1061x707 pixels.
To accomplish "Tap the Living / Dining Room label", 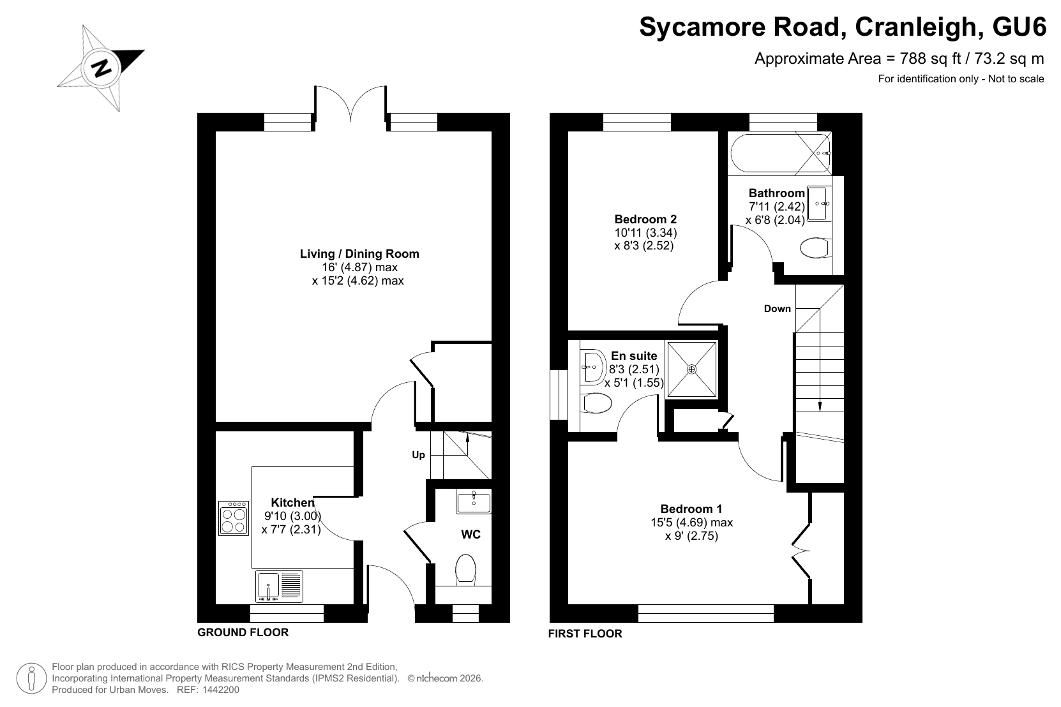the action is (x=359, y=254).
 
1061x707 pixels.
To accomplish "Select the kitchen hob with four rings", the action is (x=234, y=518).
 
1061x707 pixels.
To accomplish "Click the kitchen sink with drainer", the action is (x=279, y=586).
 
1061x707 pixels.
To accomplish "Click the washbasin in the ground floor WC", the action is (x=474, y=502).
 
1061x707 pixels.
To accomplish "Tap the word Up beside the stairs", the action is (x=418, y=455).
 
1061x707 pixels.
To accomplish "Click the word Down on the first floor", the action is (x=778, y=309).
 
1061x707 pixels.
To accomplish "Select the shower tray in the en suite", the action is (x=691, y=369).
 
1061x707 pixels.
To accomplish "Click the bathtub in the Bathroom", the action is (x=781, y=153).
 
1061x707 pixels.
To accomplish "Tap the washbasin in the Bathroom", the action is (x=820, y=204).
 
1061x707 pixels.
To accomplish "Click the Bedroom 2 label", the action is (x=645, y=220).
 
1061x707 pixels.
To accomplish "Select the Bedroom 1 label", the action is (x=691, y=509).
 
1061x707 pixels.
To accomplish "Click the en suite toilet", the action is (x=596, y=403).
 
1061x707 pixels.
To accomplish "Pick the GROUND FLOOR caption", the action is (x=243, y=632).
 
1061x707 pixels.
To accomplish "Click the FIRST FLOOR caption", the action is (x=585, y=634).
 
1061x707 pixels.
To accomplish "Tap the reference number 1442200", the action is (x=221, y=690).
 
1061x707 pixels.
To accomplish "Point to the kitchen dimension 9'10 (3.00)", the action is (x=292, y=516).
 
